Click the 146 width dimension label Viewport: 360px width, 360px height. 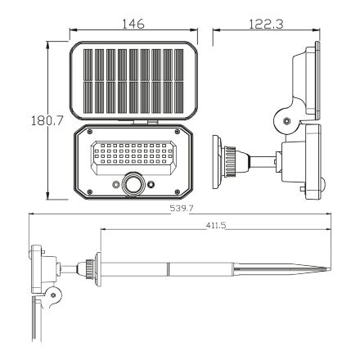(133, 25)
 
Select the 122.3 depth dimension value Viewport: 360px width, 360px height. (263, 25)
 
